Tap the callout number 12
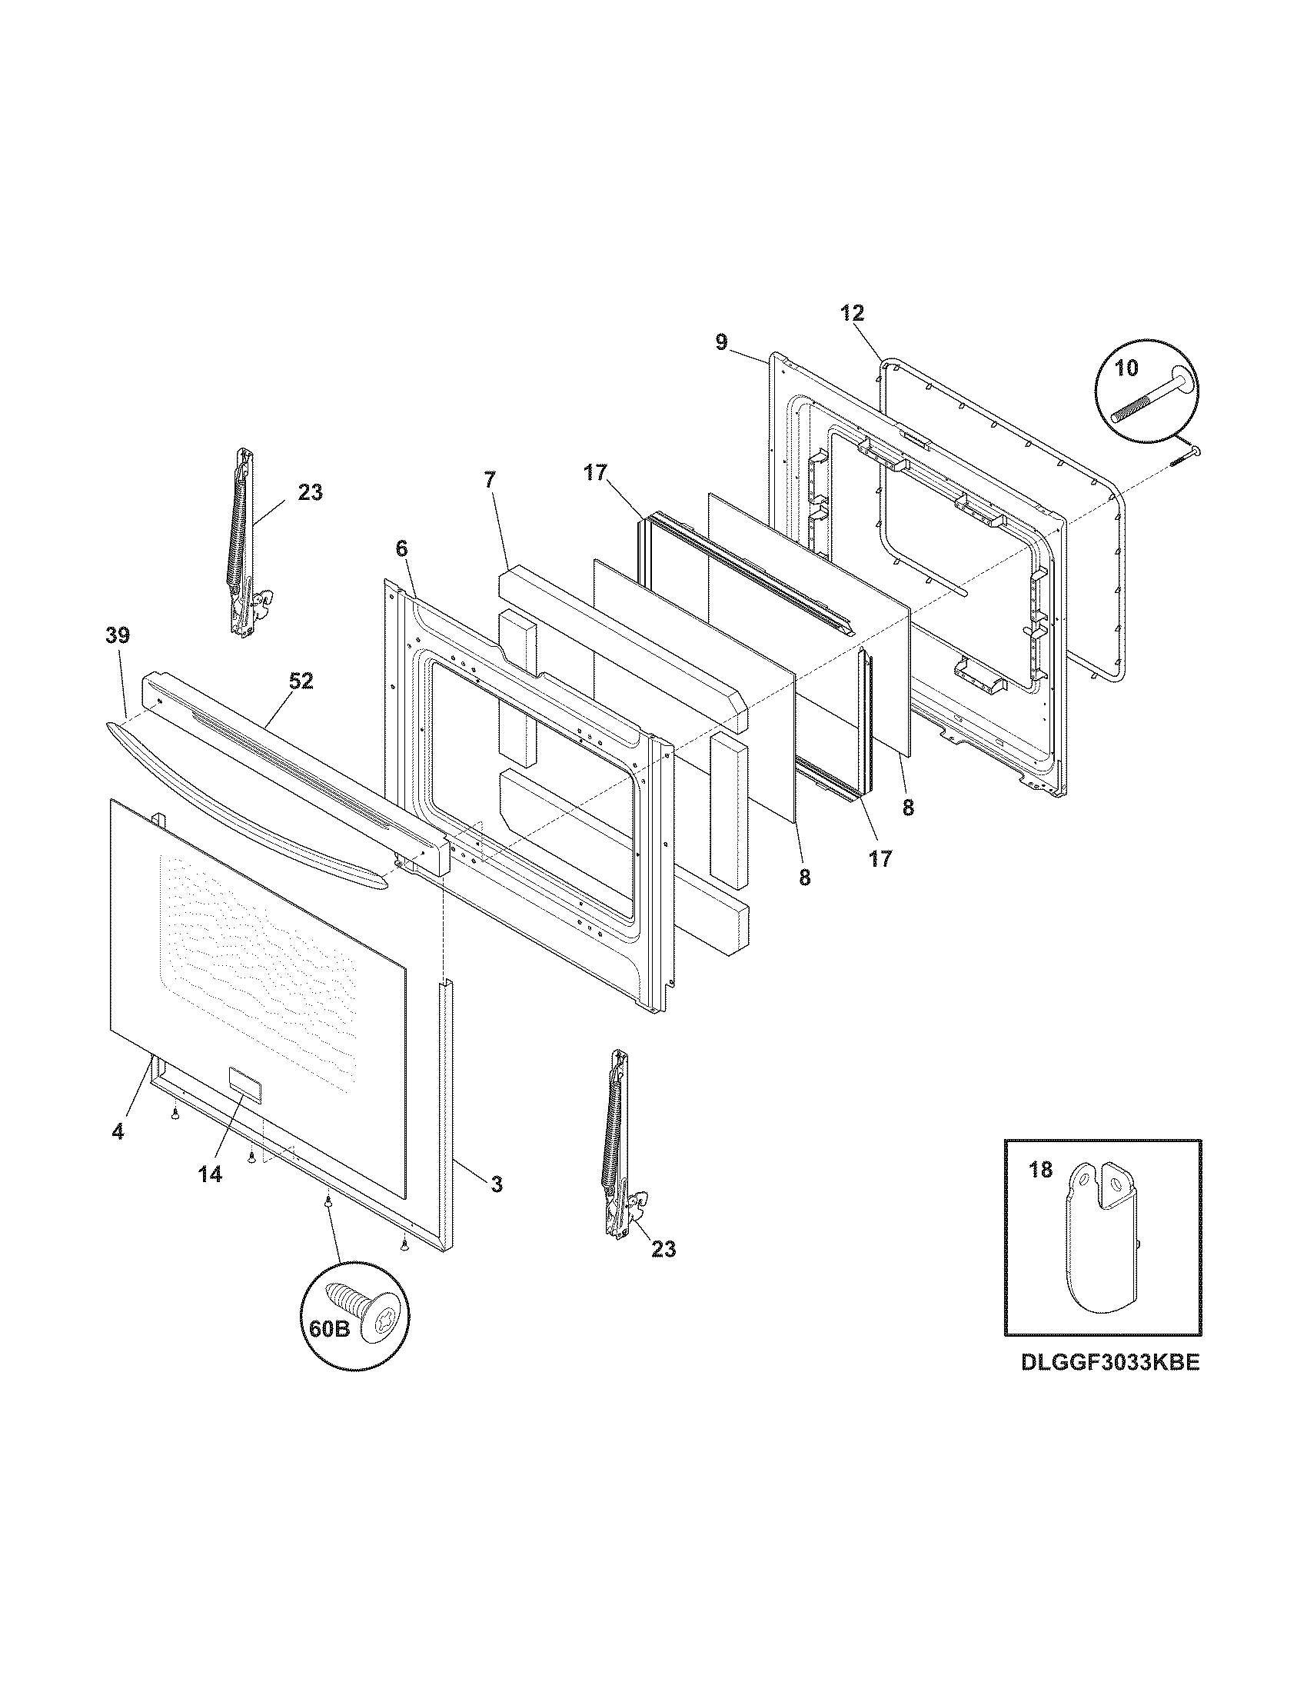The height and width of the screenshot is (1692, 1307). pos(852,313)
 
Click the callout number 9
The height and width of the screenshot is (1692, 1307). pos(722,341)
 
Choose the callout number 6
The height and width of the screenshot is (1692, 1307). pos(401,548)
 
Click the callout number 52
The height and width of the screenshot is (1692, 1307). pos(301,681)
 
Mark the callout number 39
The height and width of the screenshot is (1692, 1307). pos(118,635)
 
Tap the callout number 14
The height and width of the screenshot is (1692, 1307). pos(209,1174)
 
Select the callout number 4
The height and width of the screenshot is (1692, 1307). pos(117,1131)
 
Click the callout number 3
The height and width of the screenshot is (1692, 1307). pos(497,1184)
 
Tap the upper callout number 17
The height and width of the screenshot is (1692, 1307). pos(596,472)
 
